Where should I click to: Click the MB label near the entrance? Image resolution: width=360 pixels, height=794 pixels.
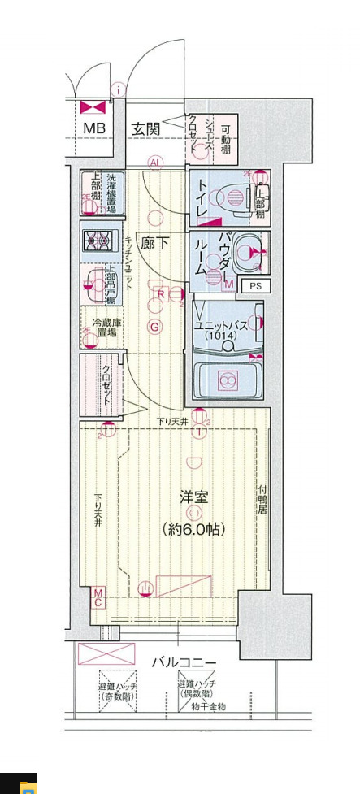(x=94, y=128)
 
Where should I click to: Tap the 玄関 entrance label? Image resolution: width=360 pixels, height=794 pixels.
(x=146, y=128)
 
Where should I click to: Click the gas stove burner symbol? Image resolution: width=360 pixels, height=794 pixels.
(x=99, y=241)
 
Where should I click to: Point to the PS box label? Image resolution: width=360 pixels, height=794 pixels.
(x=255, y=285)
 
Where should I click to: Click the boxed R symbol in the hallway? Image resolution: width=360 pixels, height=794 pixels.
(x=161, y=294)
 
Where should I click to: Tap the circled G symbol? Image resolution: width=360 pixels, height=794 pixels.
(x=154, y=327)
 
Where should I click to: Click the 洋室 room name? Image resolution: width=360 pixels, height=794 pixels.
(x=193, y=495)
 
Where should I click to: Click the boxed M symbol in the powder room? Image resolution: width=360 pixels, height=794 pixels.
(x=229, y=284)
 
